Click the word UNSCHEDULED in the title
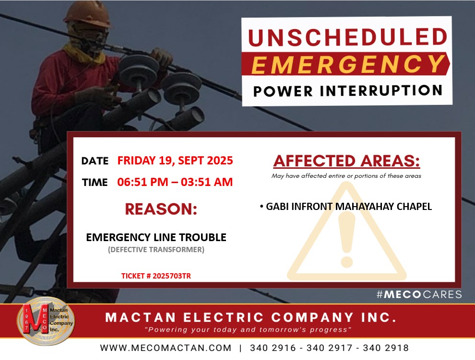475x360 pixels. click(347, 37)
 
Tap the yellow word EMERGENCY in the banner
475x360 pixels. click(348, 64)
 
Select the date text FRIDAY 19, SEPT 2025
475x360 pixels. click(175, 161)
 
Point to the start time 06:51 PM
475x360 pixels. click(142, 182)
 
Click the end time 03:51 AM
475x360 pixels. click(207, 182)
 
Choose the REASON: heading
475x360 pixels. click(161, 209)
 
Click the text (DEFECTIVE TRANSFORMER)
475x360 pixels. click(156, 249)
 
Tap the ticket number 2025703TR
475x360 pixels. click(171, 276)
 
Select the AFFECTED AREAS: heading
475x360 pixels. click(346, 161)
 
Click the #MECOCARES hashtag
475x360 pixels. click(419, 294)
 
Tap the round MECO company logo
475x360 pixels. click(46, 321)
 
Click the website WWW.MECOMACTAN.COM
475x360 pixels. click(166, 348)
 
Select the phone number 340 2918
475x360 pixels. click(386, 348)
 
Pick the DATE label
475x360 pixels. click(95, 161)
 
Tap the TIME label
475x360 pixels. click(95, 182)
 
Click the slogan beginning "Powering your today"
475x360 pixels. click(248, 330)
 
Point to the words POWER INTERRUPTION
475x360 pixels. click(348, 91)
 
